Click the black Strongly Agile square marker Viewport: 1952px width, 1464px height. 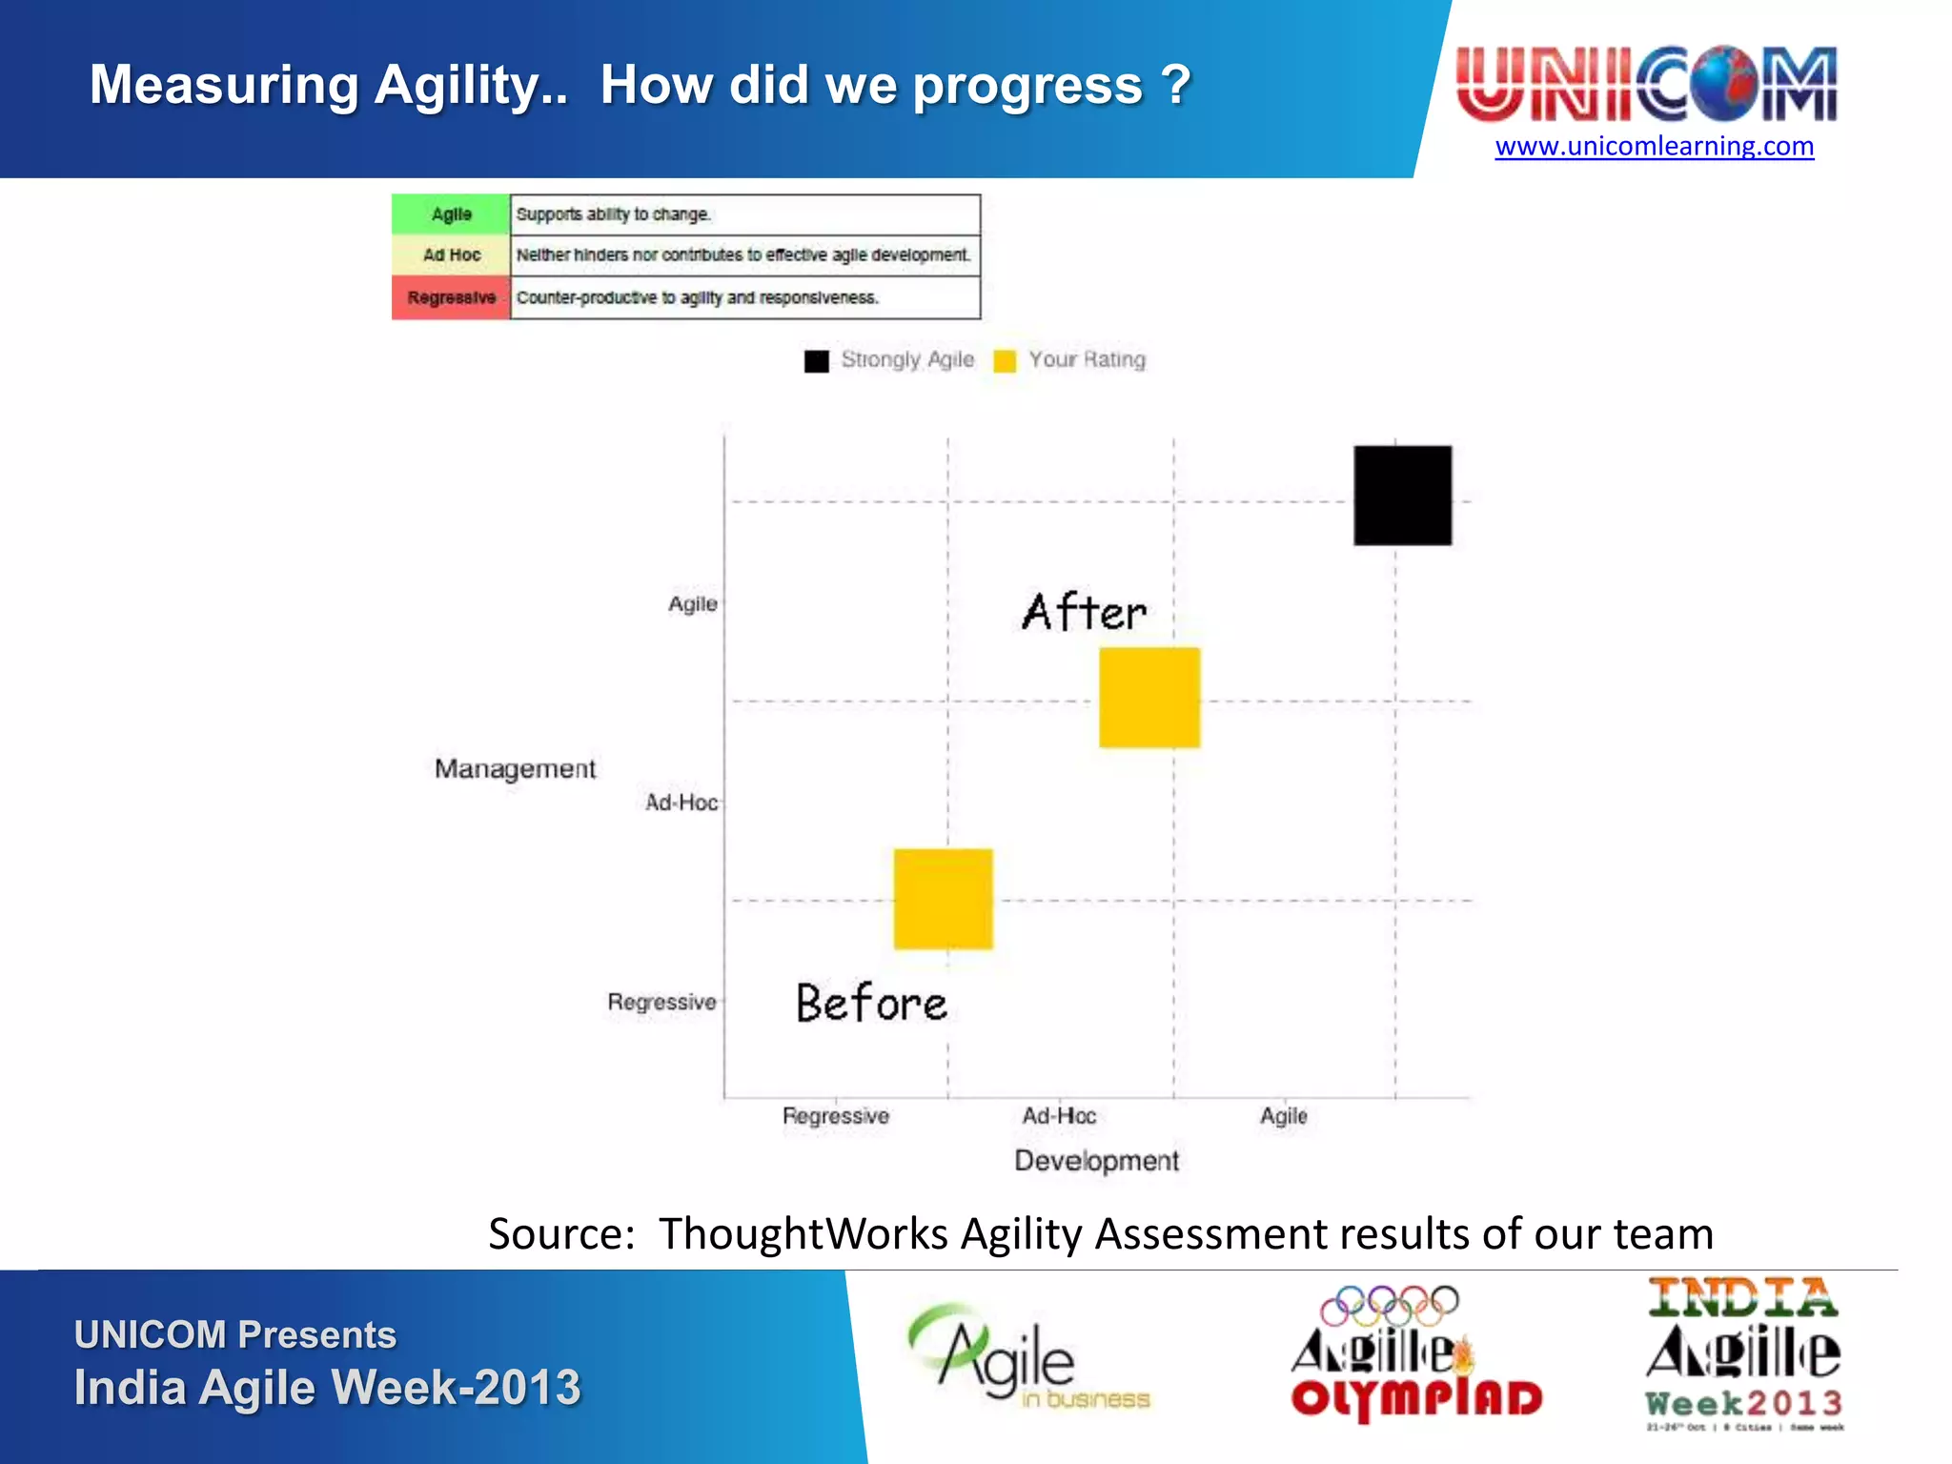1402,495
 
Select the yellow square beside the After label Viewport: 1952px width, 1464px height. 1149,698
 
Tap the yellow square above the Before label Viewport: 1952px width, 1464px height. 943,899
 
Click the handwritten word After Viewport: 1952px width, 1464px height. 1084,612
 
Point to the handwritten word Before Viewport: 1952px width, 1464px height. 871,1004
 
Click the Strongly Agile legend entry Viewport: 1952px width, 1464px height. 889,360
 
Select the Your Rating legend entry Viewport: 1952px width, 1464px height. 1069,360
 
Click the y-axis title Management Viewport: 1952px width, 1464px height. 515,768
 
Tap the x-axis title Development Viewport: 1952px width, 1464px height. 1096,1161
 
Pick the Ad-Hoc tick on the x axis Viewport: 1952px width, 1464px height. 1059,1116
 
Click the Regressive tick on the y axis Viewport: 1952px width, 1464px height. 661,1003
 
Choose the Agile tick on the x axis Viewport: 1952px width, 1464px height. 1283,1116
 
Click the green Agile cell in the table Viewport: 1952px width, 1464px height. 451,214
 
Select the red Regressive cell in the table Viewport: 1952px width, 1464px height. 451,297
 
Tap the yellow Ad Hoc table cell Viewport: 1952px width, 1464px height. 451,255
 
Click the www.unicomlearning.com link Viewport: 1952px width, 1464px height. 1654,147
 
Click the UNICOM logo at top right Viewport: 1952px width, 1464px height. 1646,84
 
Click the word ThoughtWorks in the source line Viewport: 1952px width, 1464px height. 803,1234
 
